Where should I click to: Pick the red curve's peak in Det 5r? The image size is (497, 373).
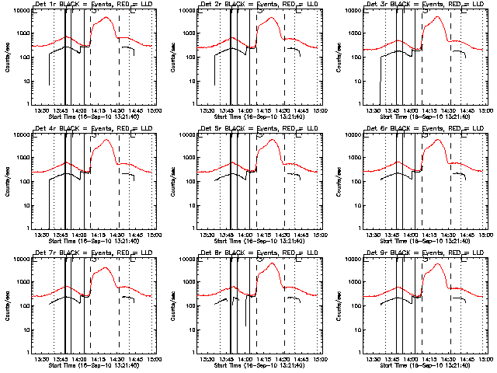(272, 140)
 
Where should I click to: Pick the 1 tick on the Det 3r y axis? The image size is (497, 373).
(358, 104)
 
